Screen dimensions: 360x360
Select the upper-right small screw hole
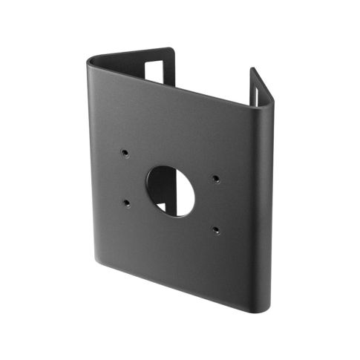click(x=215, y=177)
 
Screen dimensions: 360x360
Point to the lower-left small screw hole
click(x=128, y=201)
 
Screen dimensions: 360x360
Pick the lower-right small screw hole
click(x=215, y=229)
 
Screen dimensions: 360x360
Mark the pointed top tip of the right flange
click(x=252, y=70)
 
